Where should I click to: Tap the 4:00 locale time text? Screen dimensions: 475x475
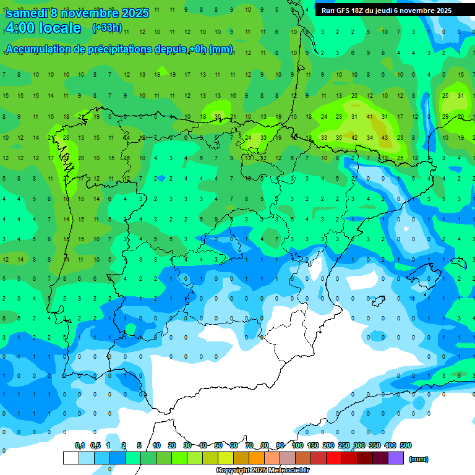pos(43,28)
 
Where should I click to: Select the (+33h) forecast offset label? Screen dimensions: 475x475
pos(107,28)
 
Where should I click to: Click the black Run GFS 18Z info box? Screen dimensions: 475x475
pos(387,11)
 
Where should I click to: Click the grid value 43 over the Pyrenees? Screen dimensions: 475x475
pos(385,137)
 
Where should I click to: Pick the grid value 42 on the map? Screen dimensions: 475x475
pos(354,137)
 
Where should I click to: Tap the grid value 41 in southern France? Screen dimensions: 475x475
pos(369,116)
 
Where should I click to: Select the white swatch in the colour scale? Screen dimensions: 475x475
pos(71,458)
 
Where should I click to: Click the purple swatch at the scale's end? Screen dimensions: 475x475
pos(396,458)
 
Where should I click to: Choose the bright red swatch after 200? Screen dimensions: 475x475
pos(334,458)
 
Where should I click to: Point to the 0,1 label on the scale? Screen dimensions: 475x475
pos(80,445)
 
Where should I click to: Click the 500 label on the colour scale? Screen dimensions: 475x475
pos(406,445)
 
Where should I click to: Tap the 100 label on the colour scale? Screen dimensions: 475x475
pos(297,445)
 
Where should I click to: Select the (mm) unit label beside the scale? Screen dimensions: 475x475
pos(419,459)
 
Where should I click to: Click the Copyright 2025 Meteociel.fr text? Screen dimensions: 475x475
pos(262,471)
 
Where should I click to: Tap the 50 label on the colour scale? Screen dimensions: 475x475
pos(218,445)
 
